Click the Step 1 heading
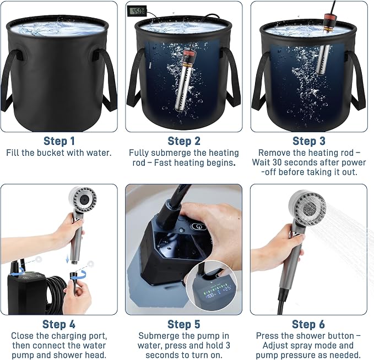(x=59, y=141)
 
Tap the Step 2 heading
(x=184, y=141)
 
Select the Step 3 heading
(x=309, y=141)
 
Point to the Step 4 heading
(x=59, y=324)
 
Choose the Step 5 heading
(x=183, y=324)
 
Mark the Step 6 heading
(x=308, y=324)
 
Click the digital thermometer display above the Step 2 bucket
(x=137, y=11)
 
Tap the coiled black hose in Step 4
(x=57, y=295)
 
